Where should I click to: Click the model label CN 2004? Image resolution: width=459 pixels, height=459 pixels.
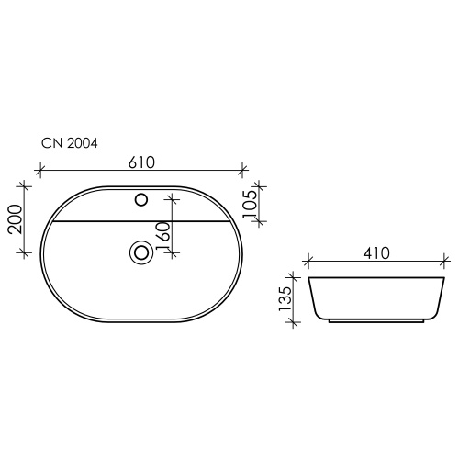pyautogui.click(x=70, y=143)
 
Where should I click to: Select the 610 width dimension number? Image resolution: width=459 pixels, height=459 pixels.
pyautogui.click(x=141, y=162)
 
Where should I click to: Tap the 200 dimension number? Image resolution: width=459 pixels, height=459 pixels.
pyautogui.click(x=16, y=219)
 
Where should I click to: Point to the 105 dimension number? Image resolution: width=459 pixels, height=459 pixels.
pyautogui.click(x=250, y=205)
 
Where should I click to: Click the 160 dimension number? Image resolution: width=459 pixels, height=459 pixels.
pyautogui.click(x=162, y=235)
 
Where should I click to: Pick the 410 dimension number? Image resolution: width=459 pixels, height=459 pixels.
pyautogui.click(x=376, y=253)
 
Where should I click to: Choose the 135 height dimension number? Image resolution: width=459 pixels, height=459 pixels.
pyautogui.click(x=285, y=299)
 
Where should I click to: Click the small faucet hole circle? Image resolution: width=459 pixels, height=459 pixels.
pyautogui.click(x=141, y=200)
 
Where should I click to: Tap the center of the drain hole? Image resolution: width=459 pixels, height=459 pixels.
pyautogui.click(x=141, y=252)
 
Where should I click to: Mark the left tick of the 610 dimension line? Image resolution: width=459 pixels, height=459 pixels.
pyautogui.click(x=39, y=169)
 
